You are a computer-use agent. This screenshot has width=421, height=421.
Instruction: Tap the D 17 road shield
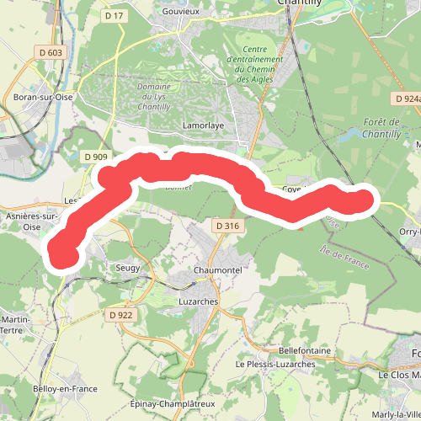[114, 15]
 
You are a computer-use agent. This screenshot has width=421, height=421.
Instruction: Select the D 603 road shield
[51, 53]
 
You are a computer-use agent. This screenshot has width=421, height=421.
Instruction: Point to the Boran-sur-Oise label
[44, 97]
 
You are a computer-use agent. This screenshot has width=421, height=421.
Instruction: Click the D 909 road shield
[96, 157]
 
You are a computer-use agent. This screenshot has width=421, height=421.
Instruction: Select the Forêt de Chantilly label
[392, 128]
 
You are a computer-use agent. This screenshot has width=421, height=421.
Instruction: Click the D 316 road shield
[227, 226]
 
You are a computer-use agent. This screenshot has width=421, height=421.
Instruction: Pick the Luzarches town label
[199, 301]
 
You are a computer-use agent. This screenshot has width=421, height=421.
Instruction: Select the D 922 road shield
[120, 315]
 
